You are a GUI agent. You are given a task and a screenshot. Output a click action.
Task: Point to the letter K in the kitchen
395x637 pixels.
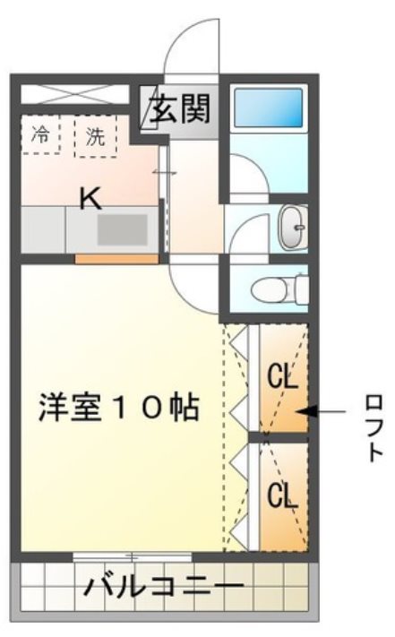90,198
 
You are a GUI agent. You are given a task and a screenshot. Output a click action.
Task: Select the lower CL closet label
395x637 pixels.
283,495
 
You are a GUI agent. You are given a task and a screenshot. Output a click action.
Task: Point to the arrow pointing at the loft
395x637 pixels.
322,412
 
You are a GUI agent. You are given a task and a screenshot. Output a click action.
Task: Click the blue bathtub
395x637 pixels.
268,108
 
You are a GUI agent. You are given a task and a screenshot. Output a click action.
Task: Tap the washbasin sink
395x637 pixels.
291,226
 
